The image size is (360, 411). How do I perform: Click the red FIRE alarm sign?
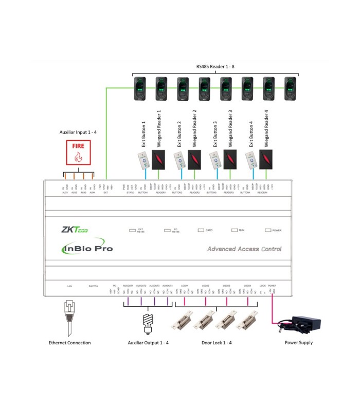click(78, 152)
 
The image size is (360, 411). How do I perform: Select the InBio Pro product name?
click(86, 249)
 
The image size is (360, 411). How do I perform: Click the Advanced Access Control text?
click(244, 249)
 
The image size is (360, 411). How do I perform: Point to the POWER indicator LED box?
click(267, 230)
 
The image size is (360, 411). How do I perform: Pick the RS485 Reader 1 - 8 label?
click(215, 66)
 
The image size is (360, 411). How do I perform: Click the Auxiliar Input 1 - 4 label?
click(78, 132)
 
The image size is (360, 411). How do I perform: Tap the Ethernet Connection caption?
click(69, 343)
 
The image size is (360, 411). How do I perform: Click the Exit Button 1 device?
click(143, 161)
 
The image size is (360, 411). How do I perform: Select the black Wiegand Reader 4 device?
click(266, 160)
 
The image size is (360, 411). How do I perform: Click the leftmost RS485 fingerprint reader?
click(140, 88)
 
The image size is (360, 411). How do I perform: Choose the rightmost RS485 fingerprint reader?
click(291, 88)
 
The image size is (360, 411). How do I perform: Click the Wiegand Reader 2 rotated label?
click(194, 129)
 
